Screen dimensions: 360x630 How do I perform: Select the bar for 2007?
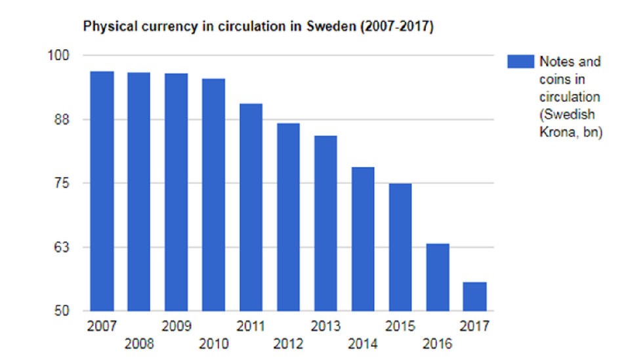(x=102, y=191)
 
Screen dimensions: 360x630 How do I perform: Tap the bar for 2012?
(x=288, y=217)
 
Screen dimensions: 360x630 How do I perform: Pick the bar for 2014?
(x=363, y=239)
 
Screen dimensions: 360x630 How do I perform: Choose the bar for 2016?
(x=438, y=277)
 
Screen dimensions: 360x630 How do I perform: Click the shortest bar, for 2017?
(x=474, y=296)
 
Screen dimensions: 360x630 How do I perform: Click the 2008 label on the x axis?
(x=138, y=344)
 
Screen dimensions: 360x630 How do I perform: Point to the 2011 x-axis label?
(x=251, y=326)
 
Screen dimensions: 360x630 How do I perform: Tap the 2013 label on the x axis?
(x=325, y=326)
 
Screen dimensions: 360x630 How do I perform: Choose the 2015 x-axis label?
(x=400, y=326)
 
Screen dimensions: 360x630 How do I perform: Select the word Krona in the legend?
(x=555, y=132)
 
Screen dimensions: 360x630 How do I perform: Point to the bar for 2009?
(x=177, y=192)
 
